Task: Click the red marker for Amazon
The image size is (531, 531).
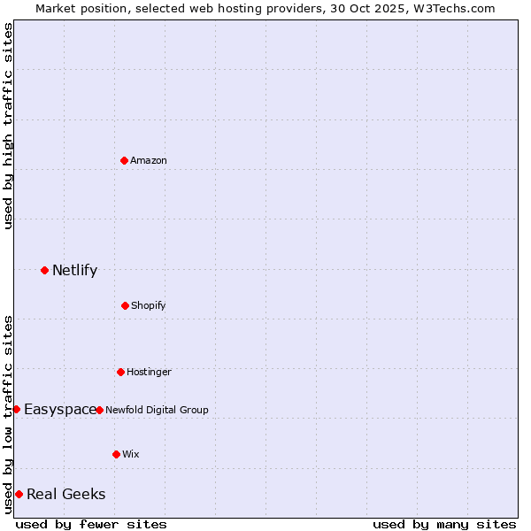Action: (x=124, y=160)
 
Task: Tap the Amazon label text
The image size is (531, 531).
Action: (x=149, y=160)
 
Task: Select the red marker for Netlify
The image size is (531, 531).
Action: (x=44, y=270)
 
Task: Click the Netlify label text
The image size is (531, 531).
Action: (x=74, y=271)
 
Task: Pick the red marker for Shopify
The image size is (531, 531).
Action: (x=125, y=305)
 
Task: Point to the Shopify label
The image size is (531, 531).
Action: (x=149, y=305)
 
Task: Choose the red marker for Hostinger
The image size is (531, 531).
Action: (x=120, y=372)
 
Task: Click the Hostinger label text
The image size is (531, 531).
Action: (x=149, y=372)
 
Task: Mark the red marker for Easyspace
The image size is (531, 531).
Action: (x=16, y=409)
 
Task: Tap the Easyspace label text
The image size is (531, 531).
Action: (x=59, y=409)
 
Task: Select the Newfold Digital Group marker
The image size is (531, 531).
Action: (x=99, y=410)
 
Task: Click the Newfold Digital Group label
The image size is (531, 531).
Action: (x=157, y=410)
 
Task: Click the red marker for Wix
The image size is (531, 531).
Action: (x=116, y=454)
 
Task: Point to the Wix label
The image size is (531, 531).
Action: (x=131, y=454)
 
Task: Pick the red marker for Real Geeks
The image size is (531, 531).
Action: (x=19, y=494)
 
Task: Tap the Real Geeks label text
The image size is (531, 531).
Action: (x=65, y=494)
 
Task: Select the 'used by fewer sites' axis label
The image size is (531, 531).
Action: (x=91, y=524)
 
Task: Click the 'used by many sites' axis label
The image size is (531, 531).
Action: (x=444, y=524)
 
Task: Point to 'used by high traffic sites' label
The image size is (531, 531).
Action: (x=8, y=126)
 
